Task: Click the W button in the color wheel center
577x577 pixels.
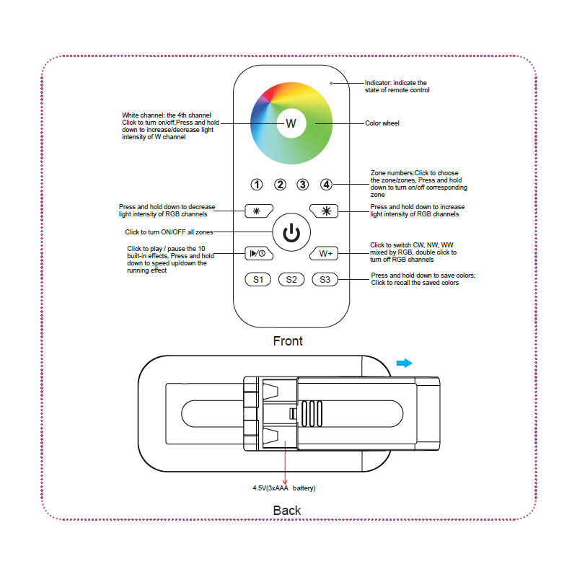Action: pos(291,123)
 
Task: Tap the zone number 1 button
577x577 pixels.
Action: pos(257,185)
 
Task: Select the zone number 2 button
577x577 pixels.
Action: pos(281,185)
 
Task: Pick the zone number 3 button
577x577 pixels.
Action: pos(303,185)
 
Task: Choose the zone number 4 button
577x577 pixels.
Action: pos(326,185)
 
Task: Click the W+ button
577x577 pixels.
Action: pos(325,253)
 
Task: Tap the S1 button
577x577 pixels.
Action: pos(257,279)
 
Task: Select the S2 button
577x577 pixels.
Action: pos(291,279)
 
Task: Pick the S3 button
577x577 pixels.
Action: pos(325,279)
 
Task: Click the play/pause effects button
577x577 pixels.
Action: pos(257,253)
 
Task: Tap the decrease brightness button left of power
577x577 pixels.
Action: pos(257,211)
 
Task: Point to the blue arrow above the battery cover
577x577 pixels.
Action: pos(405,363)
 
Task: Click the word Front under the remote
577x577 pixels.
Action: pos(288,340)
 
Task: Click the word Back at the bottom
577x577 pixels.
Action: pos(287,511)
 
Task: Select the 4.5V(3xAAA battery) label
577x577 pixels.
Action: pos(284,488)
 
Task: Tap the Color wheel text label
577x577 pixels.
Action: pos(382,123)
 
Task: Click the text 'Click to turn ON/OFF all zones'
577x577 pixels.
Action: pos(169,232)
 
